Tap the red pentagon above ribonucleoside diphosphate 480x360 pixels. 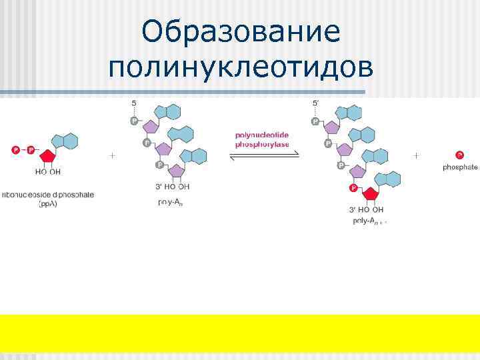coord(47,157)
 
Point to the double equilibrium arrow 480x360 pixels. coord(265,156)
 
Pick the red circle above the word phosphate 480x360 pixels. coord(460,155)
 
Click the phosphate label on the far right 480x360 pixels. coord(460,167)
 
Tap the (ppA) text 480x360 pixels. coord(47,204)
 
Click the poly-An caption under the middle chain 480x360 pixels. coord(171,203)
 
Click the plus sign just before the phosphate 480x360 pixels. coord(417,155)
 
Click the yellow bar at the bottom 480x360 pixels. coord(240,333)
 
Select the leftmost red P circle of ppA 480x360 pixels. coord(15,151)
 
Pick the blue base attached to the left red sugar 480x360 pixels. coord(65,141)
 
